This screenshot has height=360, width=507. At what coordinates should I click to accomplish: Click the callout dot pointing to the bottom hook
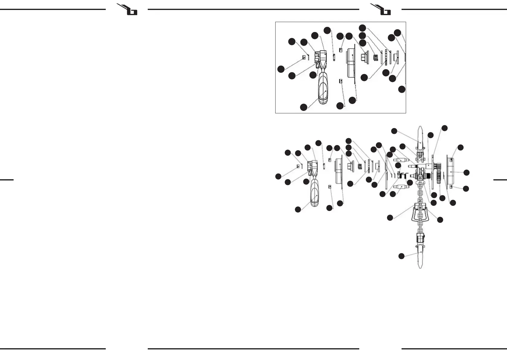[x=401, y=256]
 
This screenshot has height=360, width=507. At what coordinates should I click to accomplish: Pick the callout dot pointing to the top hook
[x=394, y=131]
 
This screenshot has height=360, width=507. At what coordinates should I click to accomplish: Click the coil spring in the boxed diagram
[x=376, y=57]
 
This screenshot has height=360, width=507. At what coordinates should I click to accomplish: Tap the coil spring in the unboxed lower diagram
[x=360, y=166]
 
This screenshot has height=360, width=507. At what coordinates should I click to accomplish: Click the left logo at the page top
[x=128, y=9]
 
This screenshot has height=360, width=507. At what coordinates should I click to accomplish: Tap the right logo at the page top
[x=382, y=9]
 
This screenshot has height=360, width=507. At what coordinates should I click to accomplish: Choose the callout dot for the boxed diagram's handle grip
[x=303, y=107]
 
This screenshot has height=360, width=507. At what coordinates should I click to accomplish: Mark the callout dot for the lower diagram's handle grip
[x=298, y=209]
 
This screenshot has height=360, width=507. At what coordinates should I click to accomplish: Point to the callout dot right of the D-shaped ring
[x=440, y=220]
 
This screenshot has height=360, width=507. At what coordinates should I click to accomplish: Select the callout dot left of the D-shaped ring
[x=390, y=217]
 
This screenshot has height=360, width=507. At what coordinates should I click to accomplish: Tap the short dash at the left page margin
[x=7, y=180]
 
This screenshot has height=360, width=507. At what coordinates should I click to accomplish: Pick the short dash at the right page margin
[x=500, y=180]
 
